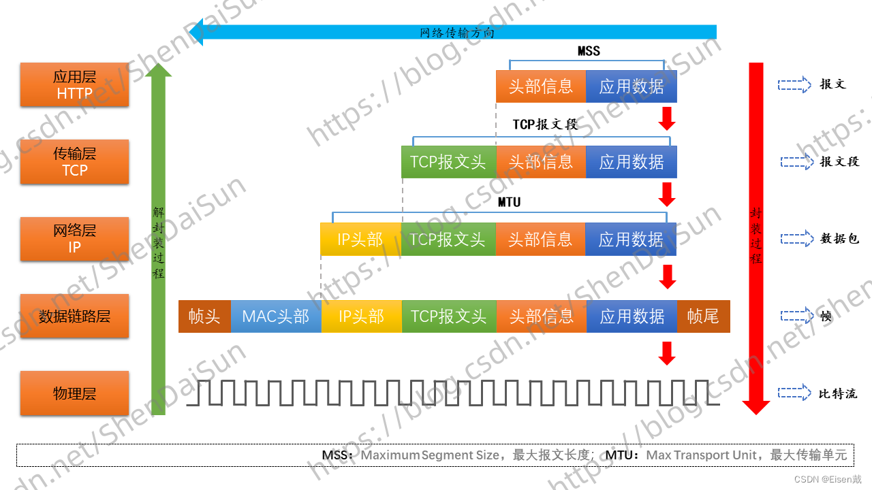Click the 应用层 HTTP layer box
[74, 85]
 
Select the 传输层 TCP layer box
[74, 162]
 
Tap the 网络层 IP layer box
[74, 239]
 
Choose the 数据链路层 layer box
[74, 316]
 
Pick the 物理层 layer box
[74, 393]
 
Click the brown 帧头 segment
[204, 316]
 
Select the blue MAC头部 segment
[276, 316]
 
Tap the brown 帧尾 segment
[703, 316]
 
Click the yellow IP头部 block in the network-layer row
[360, 240]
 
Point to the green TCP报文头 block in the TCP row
[448, 162]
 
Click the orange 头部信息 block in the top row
[541, 86]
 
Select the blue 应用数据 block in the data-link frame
[632, 316]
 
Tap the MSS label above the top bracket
[589, 51]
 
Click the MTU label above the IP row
[509, 202]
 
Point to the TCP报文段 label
[545, 125]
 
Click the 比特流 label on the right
[838, 393]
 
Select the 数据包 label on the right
[840, 239]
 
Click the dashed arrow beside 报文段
[796, 162]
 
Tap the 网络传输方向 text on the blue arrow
[456, 32]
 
